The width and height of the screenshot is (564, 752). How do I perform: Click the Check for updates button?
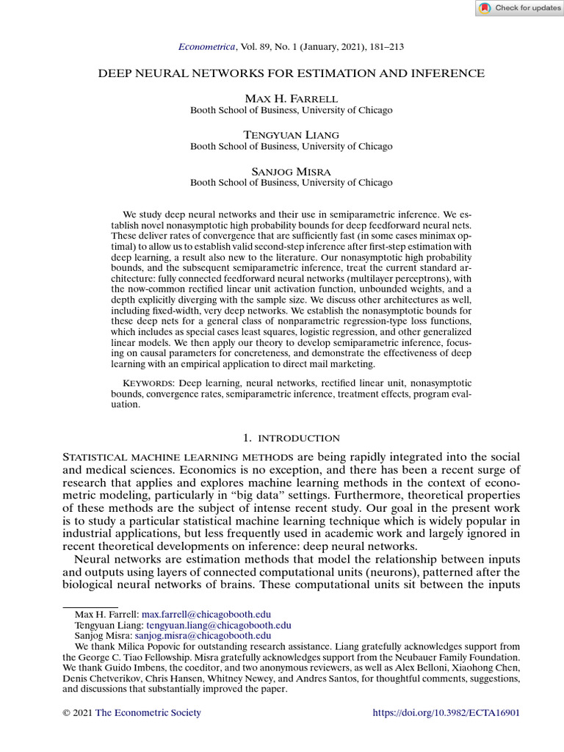[x=518, y=8]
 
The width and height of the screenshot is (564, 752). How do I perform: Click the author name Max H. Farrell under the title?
[x=291, y=98]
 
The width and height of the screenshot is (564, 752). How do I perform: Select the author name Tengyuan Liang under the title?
[x=291, y=134]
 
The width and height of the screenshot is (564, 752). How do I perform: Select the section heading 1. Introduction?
[x=291, y=438]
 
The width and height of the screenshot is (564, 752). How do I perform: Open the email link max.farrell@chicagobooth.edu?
[x=206, y=614]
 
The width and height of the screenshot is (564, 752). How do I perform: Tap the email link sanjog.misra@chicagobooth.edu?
[x=203, y=636]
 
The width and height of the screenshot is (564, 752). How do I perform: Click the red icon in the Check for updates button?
[x=485, y=8]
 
